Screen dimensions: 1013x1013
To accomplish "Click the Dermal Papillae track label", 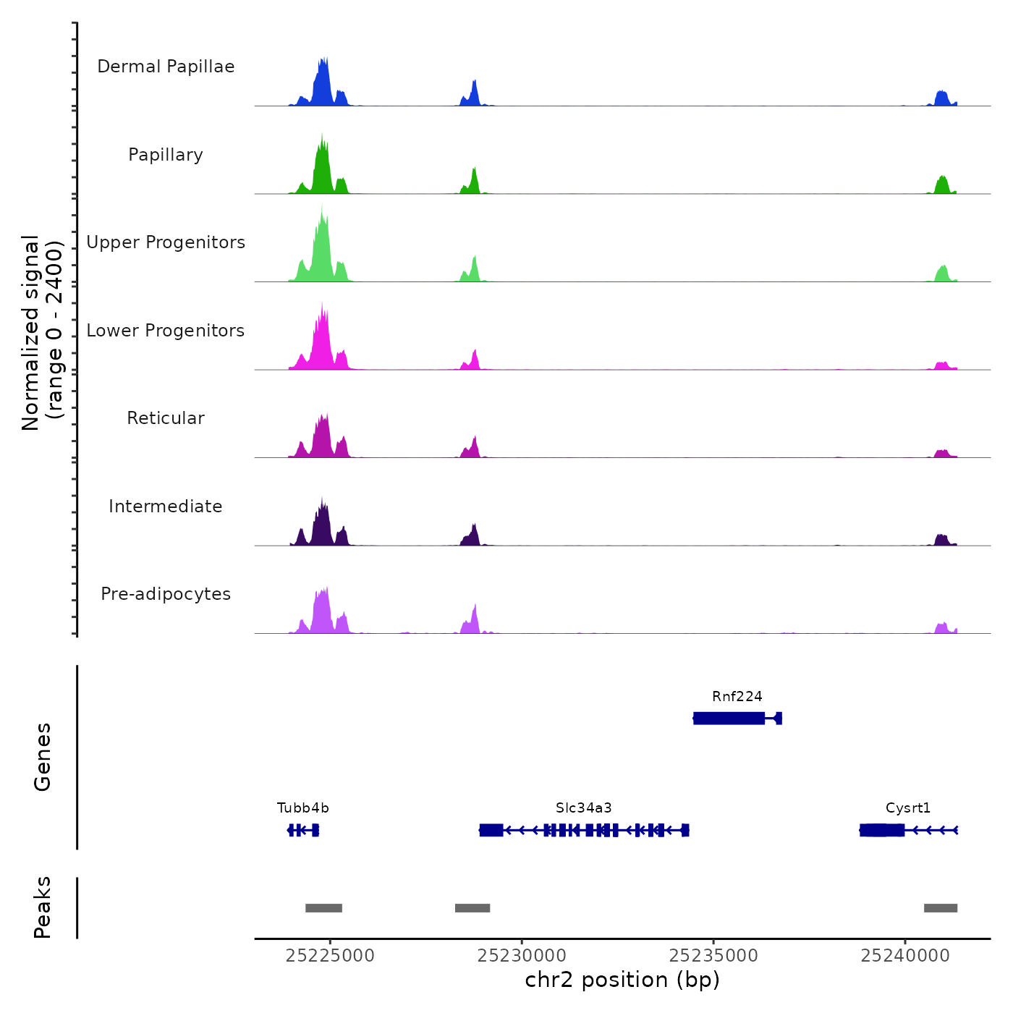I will [x=166, y=67].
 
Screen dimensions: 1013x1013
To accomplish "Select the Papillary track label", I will [x=166, y=155].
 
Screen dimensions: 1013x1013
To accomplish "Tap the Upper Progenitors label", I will [x=166, y=242].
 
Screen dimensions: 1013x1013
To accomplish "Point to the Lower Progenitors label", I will [x=166, y=331].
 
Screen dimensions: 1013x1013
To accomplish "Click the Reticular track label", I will [x=166, y=418].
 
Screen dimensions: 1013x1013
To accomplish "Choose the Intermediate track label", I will [x=166, y=506].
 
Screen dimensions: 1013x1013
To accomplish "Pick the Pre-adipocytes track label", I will [x=166, y=594].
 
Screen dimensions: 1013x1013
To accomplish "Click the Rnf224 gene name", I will [x=737, y=697].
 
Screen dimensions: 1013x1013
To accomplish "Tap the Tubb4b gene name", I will [x=303, y=808].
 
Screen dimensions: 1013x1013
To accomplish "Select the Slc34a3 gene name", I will [x=584, y=808].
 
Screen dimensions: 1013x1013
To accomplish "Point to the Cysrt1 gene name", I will [x=908, y=808].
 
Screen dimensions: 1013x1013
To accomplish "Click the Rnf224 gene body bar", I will [x=729, y=719].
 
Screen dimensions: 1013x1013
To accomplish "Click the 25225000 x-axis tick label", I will [x=330, y=956].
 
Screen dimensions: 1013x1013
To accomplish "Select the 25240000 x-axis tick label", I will [x=905, y=956].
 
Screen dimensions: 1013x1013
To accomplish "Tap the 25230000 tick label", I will [x=522, y=956].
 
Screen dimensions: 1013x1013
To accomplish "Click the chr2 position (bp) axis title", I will [x=622, y=980].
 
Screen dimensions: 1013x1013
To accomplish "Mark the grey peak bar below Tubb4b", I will [x=323, y=908].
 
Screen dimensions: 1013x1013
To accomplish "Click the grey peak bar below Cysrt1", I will [x=941, y=908].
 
